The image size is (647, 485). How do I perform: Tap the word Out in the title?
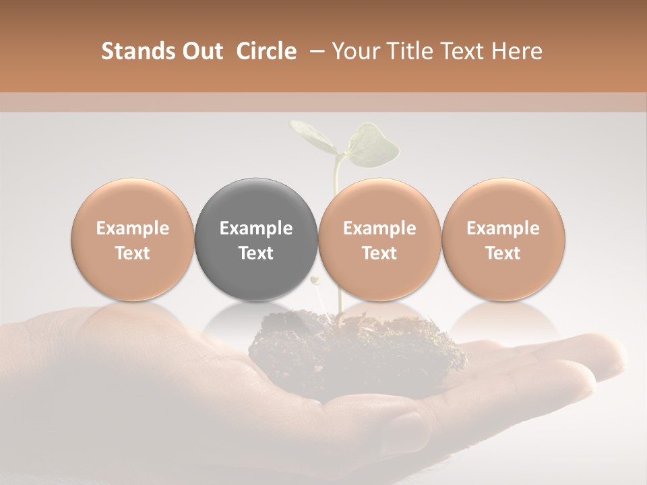click(x=199, y=51)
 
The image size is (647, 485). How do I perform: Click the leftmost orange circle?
click(x=133, y=240)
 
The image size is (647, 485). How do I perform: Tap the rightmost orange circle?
click(x=503, y=240)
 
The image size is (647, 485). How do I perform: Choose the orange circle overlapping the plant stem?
click(x=379, y=240)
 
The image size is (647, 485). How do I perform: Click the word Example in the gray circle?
click(x=256, y=228)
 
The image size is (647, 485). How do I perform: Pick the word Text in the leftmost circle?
click(x=133, y=253)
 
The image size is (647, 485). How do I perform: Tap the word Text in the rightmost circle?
click(x=503, y=253)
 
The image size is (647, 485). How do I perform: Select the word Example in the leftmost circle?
click(x=133, y=228)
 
